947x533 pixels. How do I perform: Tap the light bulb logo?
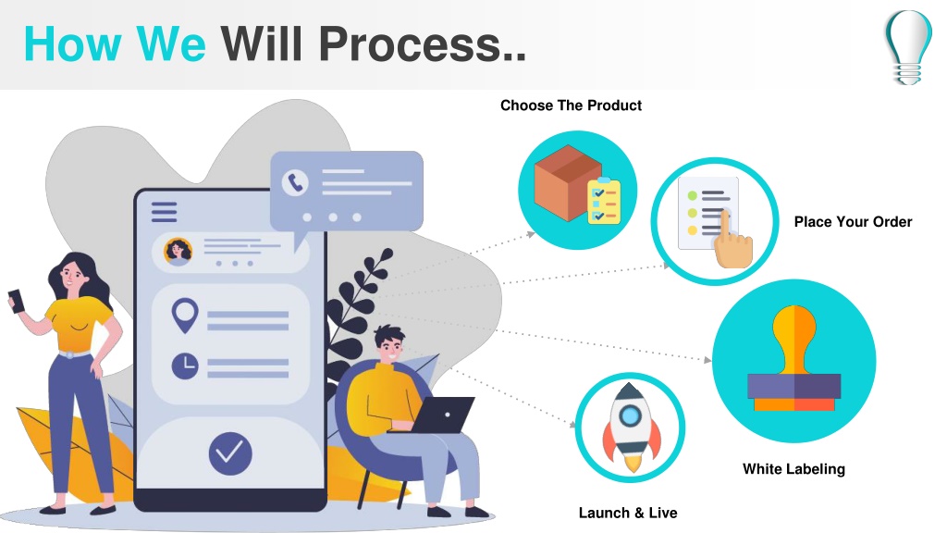point(908,46)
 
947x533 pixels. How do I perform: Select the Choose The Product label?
point(571,105)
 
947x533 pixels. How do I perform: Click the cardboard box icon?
point(568,182)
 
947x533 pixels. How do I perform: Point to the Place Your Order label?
point(853,222)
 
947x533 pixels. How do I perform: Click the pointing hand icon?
point(732,242)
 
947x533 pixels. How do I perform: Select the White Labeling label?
point(793,469)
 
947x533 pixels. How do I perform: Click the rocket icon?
point(631,428)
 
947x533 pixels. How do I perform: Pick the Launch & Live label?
point(628,513)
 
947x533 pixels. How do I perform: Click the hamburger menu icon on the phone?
point(165,212)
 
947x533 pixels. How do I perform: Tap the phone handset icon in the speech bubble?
point(295,182)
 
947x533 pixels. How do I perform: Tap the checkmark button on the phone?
point(230,453)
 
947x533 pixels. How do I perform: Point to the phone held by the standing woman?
point(17,301)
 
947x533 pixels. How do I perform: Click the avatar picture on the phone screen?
point(178,252)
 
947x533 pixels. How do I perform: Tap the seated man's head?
point(389,343)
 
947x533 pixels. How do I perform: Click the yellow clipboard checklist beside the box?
point(604,201)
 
